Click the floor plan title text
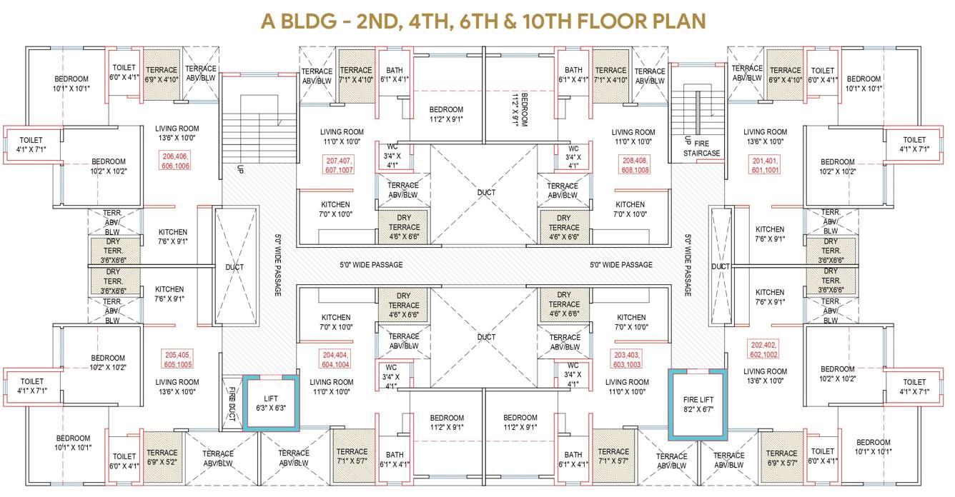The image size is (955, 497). (477, 21)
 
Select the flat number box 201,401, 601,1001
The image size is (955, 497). (765, 165)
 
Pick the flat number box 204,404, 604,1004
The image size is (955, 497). (335, 358)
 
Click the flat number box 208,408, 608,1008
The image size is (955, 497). (633, 166)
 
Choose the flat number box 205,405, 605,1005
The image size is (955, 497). (178, 359)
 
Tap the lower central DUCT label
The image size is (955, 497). (486, 337)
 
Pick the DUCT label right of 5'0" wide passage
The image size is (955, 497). (720, 266)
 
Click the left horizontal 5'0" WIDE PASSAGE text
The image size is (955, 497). (371, 265)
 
